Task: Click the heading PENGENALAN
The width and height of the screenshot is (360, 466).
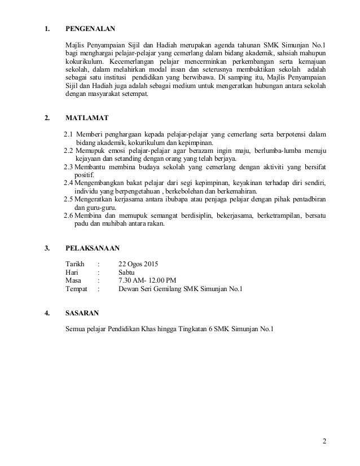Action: (92, 27)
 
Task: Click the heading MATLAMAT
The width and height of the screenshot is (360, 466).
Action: (87, 118)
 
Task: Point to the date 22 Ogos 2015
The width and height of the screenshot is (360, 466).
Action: (139, 264)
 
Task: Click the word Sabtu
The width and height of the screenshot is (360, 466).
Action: (128, 272)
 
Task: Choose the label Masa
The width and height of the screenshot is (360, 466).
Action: (73, 281)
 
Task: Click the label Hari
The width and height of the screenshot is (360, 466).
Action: (72, 272)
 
